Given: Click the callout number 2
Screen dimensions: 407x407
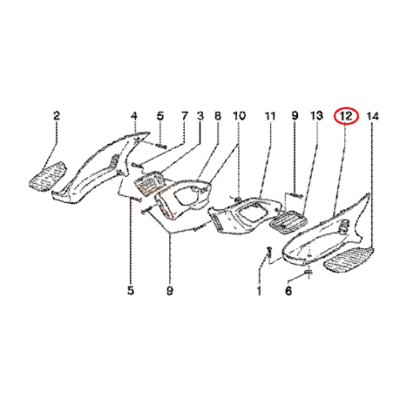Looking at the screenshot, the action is click(x=56, y=116).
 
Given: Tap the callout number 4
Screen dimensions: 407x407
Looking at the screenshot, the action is click(x=134, y=116).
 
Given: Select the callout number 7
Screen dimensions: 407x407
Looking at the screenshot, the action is click(x=185, y=116).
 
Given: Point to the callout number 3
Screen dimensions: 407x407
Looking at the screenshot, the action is click(x=200, y=116).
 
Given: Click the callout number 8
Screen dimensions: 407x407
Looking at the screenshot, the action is click(x=218, y=116).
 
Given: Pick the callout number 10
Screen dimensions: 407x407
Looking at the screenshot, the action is click(x=239, y=116).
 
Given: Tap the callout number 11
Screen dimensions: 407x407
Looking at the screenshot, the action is click(x=270, y=116).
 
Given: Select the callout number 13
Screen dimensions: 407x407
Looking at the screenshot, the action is click(x=317, y=116).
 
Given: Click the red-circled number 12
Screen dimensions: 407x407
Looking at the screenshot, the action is click(x=346, y=116).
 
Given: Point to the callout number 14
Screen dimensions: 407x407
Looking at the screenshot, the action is click(x=373, y=116).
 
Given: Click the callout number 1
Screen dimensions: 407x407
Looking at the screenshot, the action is click(x=259, y=291).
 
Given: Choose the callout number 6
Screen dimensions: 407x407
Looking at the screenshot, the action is click(x=288, y=291).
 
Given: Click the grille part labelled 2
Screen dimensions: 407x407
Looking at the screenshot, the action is click(x=47, y=176).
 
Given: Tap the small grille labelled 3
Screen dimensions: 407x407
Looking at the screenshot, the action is click(x=150, y=182).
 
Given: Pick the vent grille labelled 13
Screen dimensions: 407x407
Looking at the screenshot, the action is click(x=288, y=221).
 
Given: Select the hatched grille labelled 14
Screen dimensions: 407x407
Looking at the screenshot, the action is click(x=350, y=259).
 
